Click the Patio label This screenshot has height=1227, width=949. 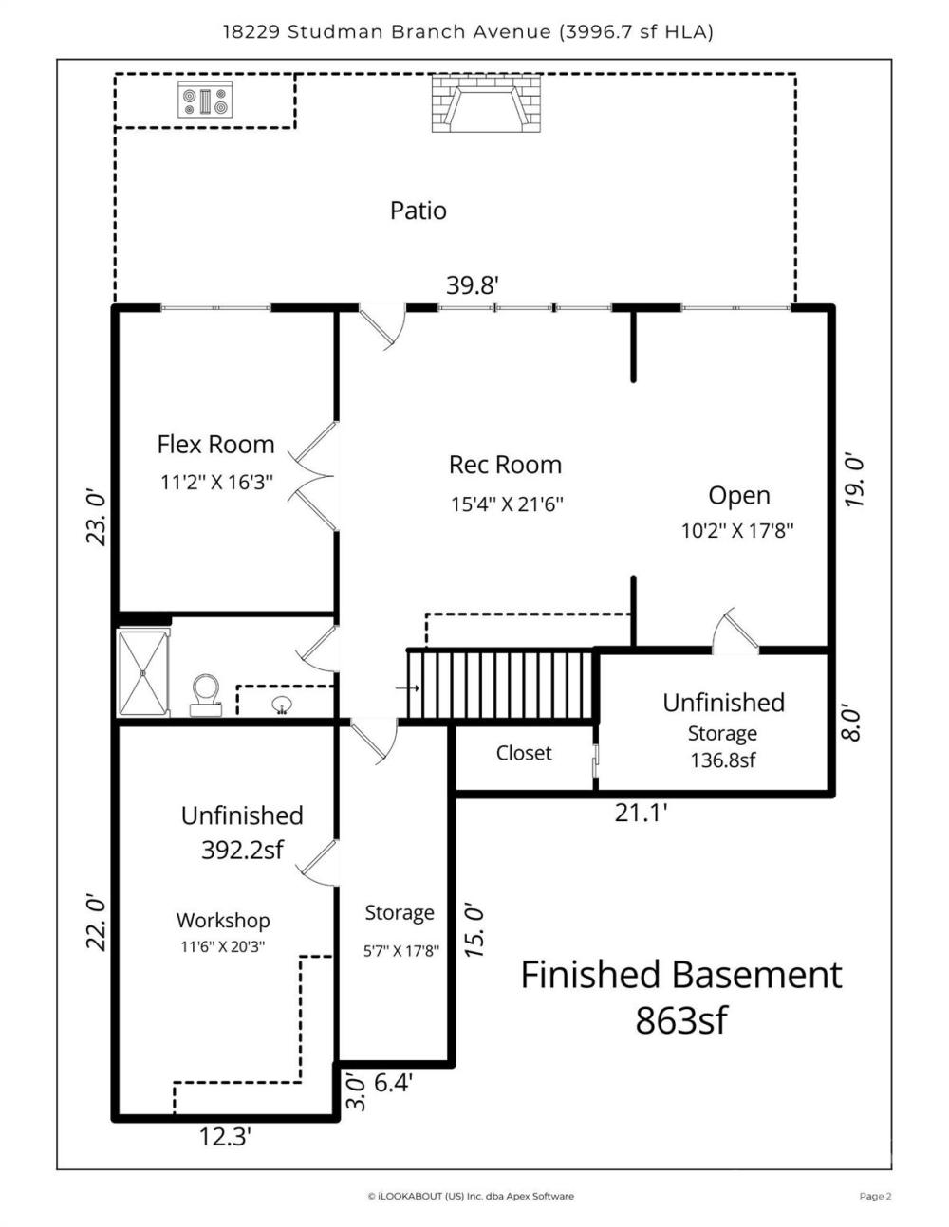[418, 211]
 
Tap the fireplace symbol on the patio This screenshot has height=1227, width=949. [486, 103]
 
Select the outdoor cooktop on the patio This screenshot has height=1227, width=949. [205, 100]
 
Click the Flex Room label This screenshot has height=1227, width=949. [215, 445]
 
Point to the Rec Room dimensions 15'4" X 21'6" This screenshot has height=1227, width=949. [507, 504]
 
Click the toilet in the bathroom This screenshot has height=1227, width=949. [206, 694]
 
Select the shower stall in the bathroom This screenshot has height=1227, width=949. [143, 673]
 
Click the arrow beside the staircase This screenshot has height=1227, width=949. [407, 688]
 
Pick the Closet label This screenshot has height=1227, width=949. [524, 753]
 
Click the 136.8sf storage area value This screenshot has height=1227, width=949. [722, 760]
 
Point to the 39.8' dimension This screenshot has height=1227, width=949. [473, 285]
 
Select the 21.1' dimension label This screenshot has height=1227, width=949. [642, 814]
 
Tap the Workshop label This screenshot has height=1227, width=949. [223, 920]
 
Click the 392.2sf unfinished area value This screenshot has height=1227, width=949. [242, 850]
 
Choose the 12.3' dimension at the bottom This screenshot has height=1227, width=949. [225, 1137]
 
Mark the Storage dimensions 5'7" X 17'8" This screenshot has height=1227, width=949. [401, 951]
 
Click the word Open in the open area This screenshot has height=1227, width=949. [739, 496]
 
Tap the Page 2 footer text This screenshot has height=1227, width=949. [875, 1196]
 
